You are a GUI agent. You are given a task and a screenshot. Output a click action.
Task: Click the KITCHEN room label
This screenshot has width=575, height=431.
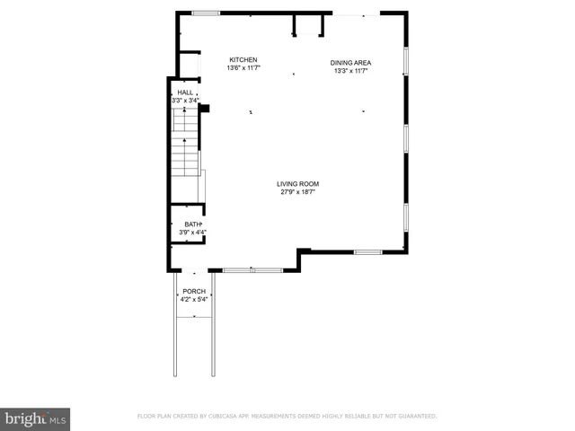point(243,59)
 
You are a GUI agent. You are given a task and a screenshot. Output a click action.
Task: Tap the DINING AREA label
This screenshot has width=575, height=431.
point(350,62)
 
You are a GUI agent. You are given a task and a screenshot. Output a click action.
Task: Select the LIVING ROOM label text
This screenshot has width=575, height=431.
point(297,183)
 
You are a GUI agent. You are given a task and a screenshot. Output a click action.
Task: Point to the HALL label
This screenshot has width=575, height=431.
point(184,92)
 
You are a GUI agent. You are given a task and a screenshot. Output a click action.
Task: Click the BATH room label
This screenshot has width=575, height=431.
point(192,224)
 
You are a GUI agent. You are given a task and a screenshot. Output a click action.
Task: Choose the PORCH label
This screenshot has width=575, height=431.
point(194,291)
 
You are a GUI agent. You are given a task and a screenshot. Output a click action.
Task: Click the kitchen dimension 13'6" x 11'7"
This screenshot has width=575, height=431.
point(243,68)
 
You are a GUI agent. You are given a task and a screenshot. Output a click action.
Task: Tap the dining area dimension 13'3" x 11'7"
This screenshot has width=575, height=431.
point(352,71)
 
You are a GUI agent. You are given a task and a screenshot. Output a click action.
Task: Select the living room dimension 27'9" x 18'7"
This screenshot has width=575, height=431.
point(297,192)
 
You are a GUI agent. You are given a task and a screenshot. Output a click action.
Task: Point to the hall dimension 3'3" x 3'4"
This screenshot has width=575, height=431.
point(184,101)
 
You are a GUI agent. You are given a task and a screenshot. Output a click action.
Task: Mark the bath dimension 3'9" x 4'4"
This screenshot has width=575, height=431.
point(192,233)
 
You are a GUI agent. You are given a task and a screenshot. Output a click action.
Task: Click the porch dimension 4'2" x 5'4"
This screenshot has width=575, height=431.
point(194,299)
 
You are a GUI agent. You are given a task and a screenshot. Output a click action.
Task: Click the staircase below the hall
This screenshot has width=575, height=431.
point(184,148)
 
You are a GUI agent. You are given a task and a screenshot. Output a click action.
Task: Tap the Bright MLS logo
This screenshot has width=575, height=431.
point(35,418)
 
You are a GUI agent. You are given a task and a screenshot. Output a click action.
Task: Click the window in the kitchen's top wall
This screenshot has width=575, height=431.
point(206,13)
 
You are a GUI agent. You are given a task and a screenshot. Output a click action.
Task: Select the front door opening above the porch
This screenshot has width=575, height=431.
point(192,270)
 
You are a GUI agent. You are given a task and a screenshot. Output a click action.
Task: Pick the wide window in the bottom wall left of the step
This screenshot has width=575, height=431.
point(252,269)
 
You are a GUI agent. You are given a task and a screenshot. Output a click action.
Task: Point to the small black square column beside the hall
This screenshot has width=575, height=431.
point(205,109)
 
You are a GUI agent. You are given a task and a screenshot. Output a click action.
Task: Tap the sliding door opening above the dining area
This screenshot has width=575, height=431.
point(356,13)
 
